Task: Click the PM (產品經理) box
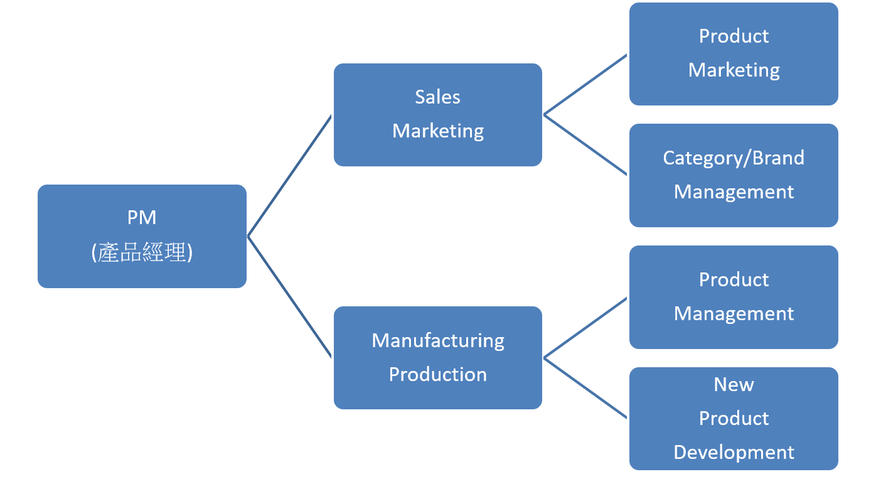tap(142, 236)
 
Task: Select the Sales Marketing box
tap(437, 114)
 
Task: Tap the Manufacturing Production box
tap(437, 357)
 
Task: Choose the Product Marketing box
tap(734, 53)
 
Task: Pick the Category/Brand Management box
tap(734, 175)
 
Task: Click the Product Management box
tap(734, 297)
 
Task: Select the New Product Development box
tap(734, 418)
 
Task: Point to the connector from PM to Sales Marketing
tap(290, 176)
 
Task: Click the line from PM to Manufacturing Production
tap(290, 298)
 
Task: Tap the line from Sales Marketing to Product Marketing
tap(585, 84)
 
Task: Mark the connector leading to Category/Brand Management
tap(585, 145)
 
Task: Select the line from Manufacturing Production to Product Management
tap(585, 328)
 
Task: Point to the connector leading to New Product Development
tap(585, 388)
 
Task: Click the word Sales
tap(437, 97)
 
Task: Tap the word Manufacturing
tap(437, 340)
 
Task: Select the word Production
tap(437, 374)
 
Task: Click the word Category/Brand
tap(734, 158)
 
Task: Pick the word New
tap(734, 384)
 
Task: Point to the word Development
tap(734, 452)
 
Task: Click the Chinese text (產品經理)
tap(142, 252)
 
